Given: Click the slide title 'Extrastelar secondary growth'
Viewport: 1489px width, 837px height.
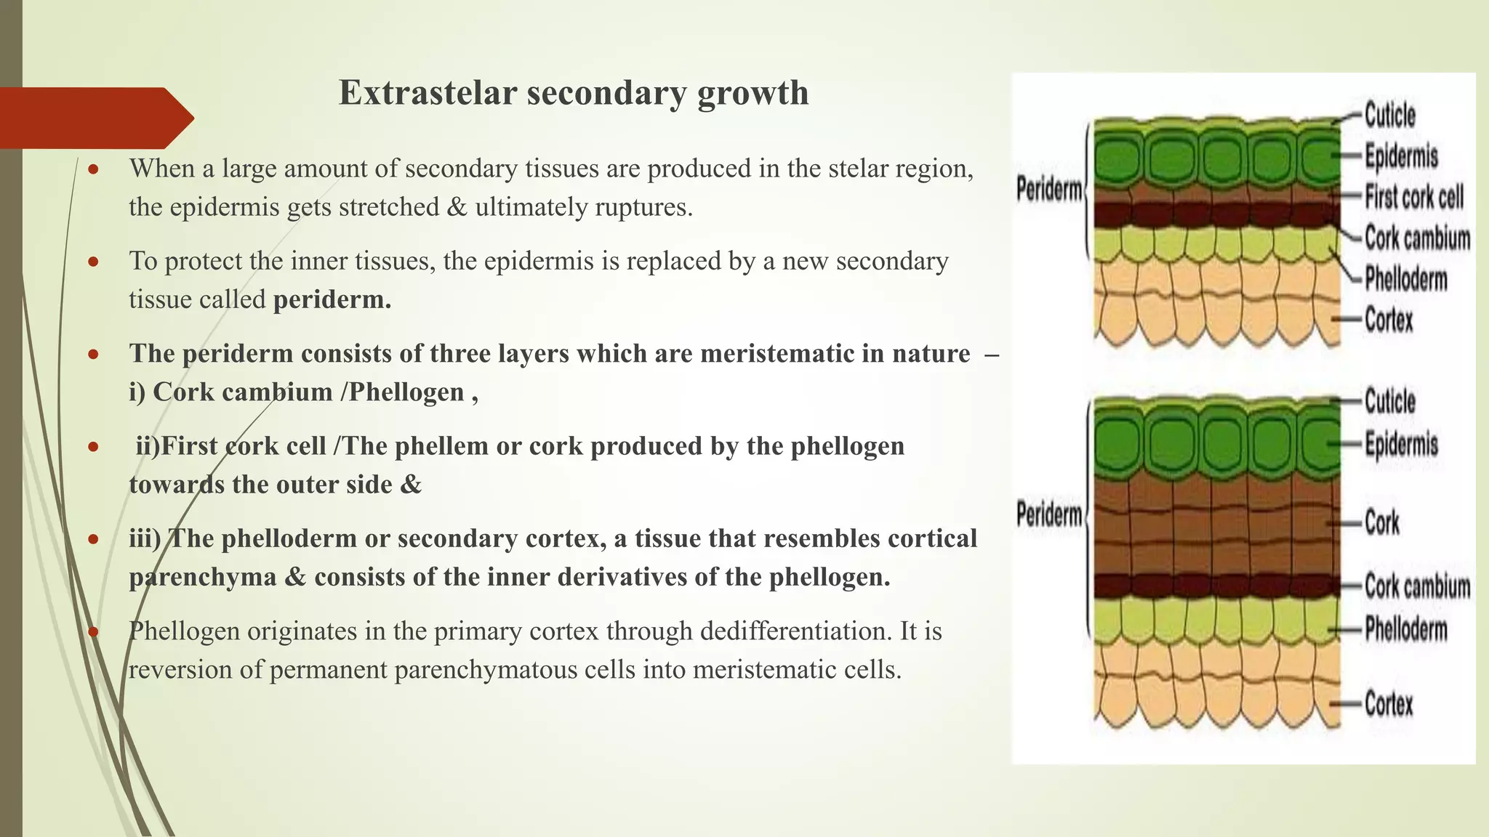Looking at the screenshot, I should click(x=574, y=93).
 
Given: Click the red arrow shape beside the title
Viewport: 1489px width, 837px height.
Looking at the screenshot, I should click(x=95, y=118).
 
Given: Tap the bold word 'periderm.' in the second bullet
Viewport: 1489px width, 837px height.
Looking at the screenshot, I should click(x=332, y=299).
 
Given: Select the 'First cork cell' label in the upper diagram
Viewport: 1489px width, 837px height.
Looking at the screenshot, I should click(x=1413, y=197).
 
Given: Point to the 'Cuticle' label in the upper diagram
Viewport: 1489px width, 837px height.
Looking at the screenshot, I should click(x=1389, y=116).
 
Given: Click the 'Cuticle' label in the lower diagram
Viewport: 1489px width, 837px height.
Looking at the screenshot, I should click(x=1389, y=401).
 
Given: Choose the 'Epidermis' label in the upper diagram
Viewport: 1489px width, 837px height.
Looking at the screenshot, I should click(x=1401, y=156).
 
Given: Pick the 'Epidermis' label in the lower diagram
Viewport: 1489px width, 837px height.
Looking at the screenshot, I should click(x=1401, y=444).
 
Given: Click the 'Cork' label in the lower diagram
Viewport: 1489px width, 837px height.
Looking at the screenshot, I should click(x=1381, y=522).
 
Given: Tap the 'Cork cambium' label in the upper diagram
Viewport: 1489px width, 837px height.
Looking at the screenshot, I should click(x=1417, y=238).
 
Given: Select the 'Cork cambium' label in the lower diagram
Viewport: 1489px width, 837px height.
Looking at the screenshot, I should click(x=1417, y=586).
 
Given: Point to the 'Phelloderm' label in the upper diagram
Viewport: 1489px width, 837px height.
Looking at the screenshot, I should click(x=1405, y=278).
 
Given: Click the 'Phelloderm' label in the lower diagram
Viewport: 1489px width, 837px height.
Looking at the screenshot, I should click(x=1405, y=629).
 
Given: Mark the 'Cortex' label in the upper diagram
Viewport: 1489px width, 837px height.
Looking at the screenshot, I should click(x=1389, y=320).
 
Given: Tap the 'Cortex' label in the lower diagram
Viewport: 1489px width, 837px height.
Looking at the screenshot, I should click(x=1389, y=703).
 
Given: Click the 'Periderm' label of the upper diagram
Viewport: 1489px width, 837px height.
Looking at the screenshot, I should click(x=1049, y=190).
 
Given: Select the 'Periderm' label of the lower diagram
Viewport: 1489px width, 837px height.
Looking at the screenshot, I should click(x=1049, y=514).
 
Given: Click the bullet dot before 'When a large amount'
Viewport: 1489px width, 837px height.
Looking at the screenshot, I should click(x=93, y=169).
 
